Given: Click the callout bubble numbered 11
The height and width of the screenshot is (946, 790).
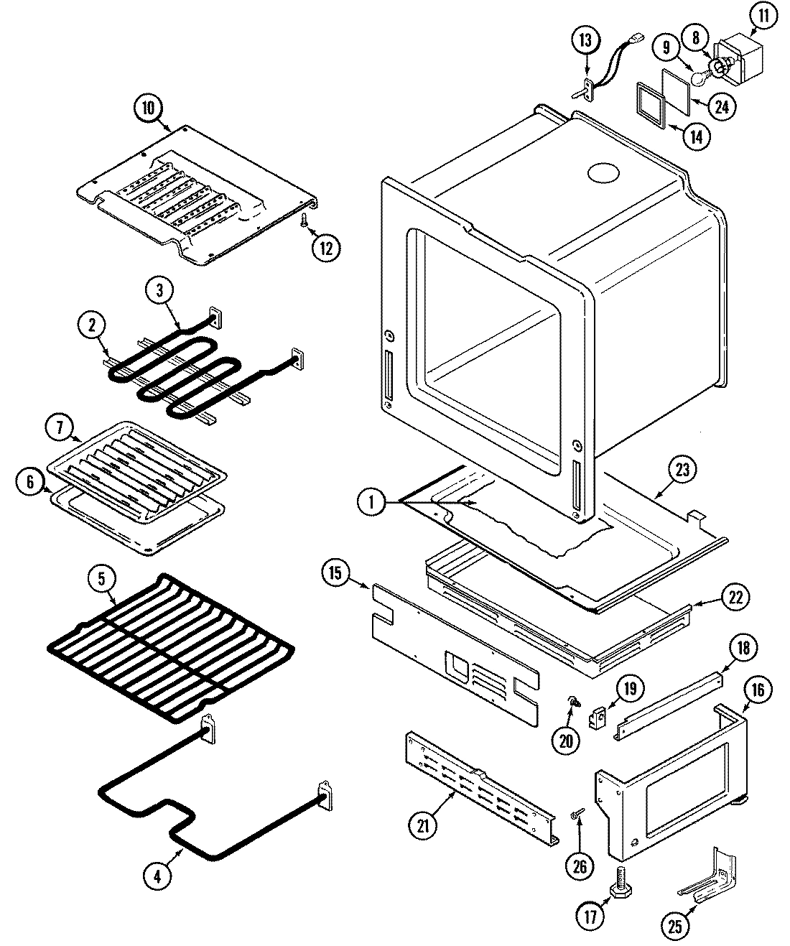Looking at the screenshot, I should click(x=763, y=16).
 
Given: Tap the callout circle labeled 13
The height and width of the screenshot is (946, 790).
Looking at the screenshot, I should click(x=586, y=40).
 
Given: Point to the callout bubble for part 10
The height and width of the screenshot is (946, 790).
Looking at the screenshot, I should click(x=148, y=108).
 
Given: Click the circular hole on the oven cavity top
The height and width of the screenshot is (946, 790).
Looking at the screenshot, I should click(x=603, y=173).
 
